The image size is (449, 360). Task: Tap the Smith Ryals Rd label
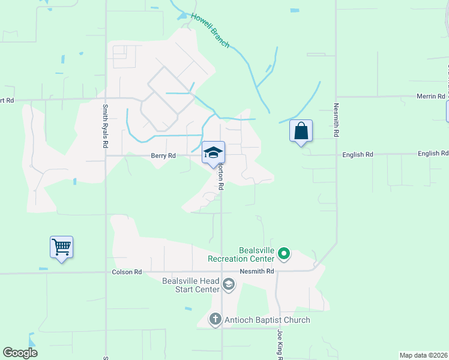[x=105, y=127]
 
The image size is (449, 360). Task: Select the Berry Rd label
[x=163, y=155]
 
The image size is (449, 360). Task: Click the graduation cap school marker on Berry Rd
[x=213, y=152]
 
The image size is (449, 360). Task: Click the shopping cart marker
[x=61, y=247]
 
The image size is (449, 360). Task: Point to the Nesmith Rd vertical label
[x=336, y=119]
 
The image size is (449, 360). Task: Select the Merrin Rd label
[x=429, y=97]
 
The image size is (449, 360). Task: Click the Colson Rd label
[x=127, y=272]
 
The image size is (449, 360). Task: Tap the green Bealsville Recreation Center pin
[x=285, y=255]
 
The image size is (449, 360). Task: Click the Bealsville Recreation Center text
[x=240, y=254]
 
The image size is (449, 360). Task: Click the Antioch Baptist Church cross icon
[x=215, y=320]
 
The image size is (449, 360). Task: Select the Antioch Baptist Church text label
[x=267, y=320]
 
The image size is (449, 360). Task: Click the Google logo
[x=20, y=353]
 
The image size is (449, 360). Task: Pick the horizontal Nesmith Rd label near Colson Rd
[x=257, y=271]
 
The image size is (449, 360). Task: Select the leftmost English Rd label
[x=358, y=154]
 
